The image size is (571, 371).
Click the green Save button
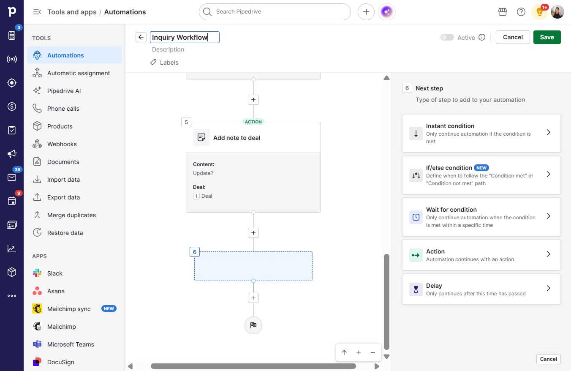[547, 37]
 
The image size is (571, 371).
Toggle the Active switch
[447, 37]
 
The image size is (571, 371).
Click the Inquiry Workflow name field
[185, 37]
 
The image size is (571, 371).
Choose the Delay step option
[481, 289]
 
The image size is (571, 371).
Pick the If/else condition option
[481, 175]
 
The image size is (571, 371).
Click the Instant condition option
[481, 134]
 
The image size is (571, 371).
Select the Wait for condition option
[481, 217]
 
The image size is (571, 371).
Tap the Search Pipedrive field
[275, 12]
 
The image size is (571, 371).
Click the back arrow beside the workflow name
[141, 37]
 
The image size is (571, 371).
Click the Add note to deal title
[237, 138]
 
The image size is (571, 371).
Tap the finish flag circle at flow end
[253, 325]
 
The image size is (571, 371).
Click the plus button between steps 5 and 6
[253, 233]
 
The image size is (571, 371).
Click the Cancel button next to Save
[513, 37]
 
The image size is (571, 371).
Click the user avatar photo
[557, 12]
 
